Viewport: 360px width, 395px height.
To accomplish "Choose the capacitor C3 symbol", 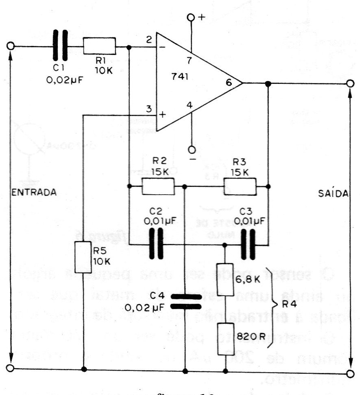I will pos(248,244).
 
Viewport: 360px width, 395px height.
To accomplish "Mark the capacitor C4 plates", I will pos(185,302).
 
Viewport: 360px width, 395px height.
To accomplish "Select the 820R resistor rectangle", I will pos(225,338).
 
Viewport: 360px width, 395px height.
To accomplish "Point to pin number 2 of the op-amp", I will pos(149,40).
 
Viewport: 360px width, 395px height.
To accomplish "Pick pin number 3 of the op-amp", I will pos(149,109).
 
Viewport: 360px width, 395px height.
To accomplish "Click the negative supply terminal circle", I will pos(191,149).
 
